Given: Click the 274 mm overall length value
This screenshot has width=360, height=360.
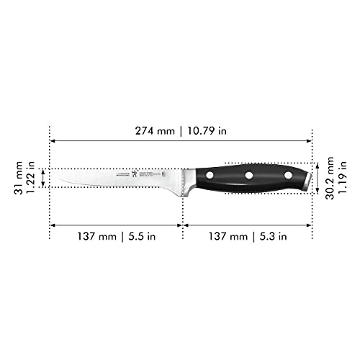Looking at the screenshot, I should (152, 131).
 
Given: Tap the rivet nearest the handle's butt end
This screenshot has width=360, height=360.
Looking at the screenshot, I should (288, 175).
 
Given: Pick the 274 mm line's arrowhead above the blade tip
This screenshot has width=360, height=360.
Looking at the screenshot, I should (52, 142).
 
